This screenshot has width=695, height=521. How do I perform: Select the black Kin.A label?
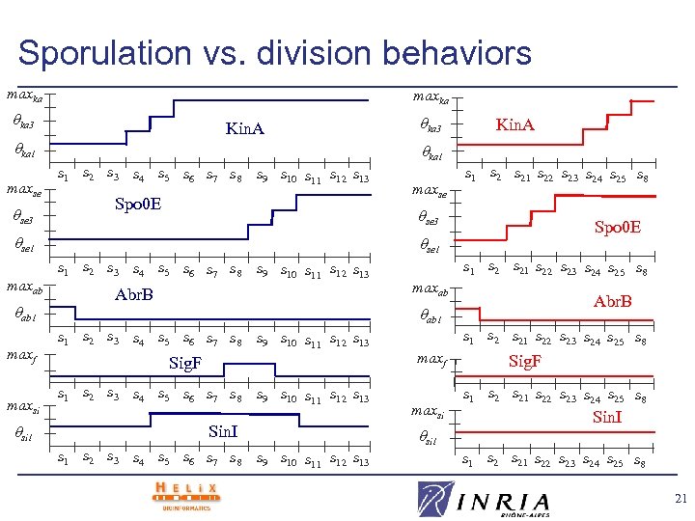click(x=244, y=128)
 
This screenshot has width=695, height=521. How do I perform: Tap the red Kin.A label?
click(x=514, y=125)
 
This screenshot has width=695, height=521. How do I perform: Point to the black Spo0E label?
click(x=138, y=205)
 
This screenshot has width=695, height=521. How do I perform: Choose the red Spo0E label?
click(x=618, y=228)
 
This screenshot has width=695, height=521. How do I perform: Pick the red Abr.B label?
click(x=613, y=301)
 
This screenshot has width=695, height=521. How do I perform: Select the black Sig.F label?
click(x=185, y=363)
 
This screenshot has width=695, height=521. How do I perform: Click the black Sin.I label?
click(x=223, y=431)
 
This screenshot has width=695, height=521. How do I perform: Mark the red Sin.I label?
click(x=607, y=417)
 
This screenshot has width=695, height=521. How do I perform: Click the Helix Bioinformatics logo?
click(x=185, y=493)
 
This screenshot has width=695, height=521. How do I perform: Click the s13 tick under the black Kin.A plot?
click(x=360, y=178)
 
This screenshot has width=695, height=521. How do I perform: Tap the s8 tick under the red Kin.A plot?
click(x=642, y=177)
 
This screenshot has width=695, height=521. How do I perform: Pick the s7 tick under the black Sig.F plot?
click(x=212, y=397)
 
